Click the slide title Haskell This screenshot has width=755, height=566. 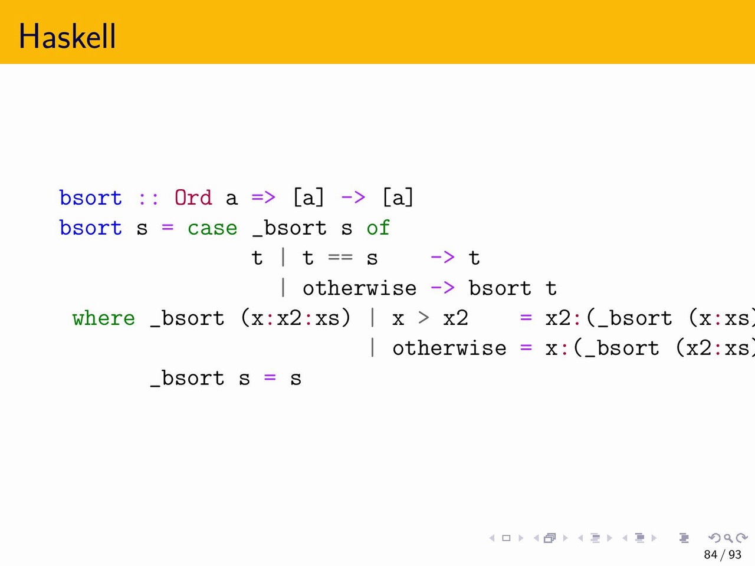67,36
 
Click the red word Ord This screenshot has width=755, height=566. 193,198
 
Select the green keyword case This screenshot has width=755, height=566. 212,228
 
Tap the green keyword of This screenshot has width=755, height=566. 378,228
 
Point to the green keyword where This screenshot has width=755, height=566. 104,318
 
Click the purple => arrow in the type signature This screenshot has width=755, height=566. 264,198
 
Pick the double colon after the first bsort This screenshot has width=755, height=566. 148,199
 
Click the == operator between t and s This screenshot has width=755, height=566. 340,257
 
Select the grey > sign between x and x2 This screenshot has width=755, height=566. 424,318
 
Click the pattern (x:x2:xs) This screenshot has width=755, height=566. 296,318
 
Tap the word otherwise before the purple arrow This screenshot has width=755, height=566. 359,288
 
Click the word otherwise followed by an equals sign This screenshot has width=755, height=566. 449,348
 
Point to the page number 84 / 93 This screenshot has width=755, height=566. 723,554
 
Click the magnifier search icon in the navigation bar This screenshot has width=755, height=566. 728,538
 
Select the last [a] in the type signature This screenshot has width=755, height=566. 398,198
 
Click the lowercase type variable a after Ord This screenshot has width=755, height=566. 231,199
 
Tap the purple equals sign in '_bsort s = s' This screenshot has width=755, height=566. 270,377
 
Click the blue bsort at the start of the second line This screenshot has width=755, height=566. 91,228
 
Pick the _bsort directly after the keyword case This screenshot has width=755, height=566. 289,228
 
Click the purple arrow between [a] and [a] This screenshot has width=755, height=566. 353,198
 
